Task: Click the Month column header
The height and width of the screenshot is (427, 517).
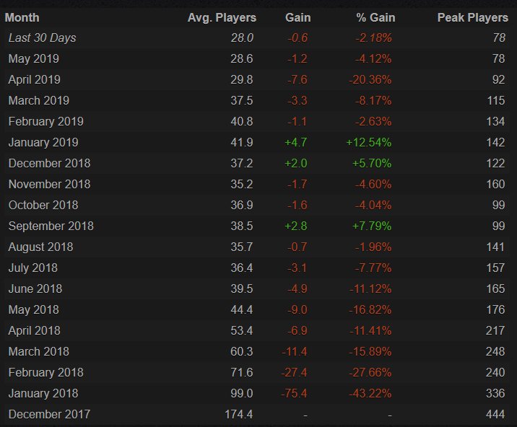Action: click(22, 17)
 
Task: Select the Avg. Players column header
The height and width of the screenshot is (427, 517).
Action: click(222, 17)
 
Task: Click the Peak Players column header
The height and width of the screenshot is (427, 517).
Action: click(472, 17)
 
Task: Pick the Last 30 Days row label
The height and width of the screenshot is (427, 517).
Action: click(42, 38)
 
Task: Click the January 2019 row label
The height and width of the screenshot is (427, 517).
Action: click(43, 142)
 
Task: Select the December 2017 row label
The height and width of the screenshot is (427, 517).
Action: click(49, 414)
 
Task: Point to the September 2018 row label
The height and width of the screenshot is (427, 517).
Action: click(51, 226)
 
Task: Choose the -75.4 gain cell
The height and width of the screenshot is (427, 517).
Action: click(296, 393)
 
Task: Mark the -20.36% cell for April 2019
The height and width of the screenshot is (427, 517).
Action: click(371, 79)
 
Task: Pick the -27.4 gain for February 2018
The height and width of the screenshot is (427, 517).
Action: click(296, 372)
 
